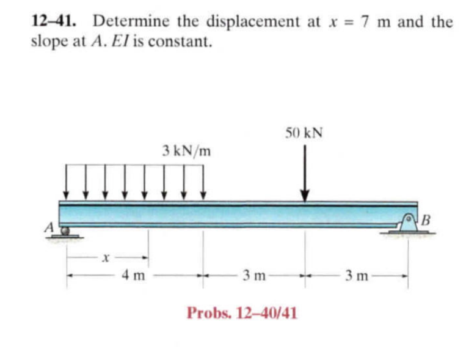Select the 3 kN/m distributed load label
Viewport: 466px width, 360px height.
coord(187,150)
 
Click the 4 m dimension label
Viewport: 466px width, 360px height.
coord(133,276)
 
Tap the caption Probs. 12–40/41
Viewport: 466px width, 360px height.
coord(242,313)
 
